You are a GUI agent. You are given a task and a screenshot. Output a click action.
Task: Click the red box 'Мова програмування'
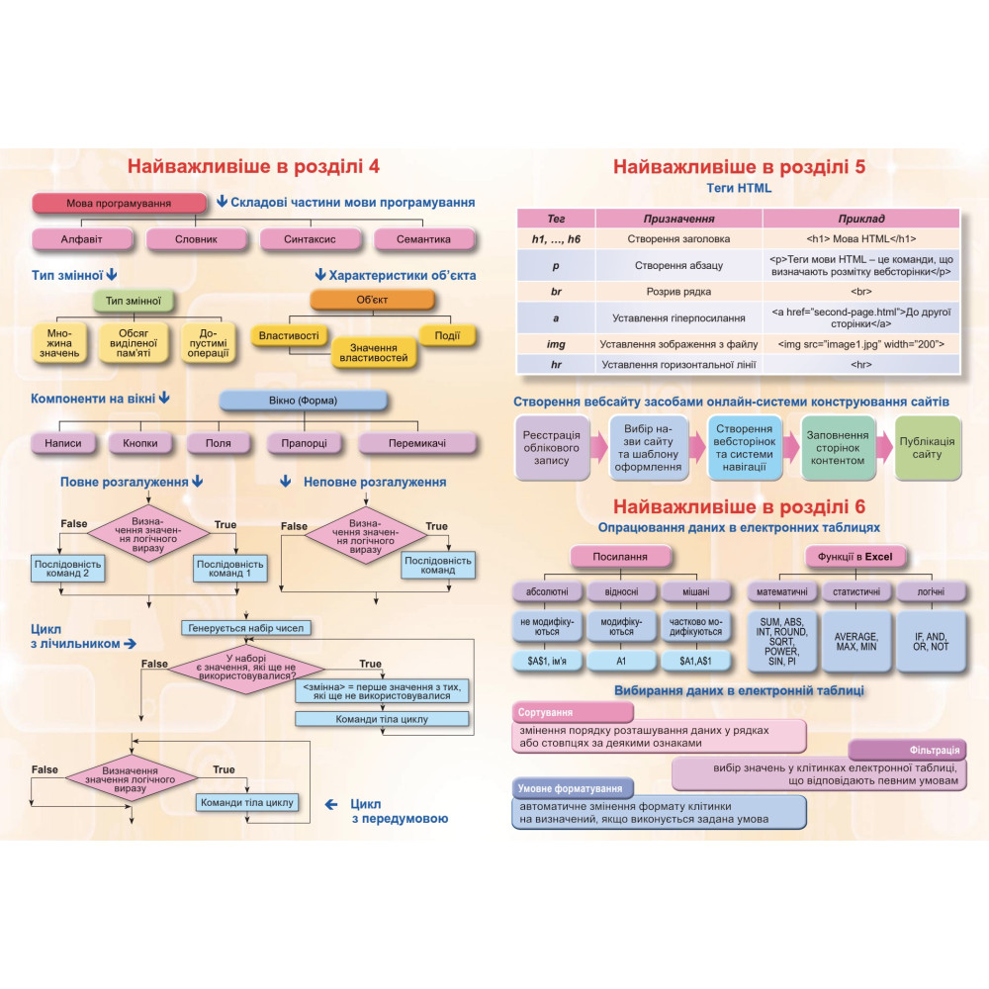click(120, 203)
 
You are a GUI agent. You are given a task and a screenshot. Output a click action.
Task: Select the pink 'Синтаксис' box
click(310, 239)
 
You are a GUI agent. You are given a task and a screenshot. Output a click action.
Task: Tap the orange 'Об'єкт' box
click(372, 300)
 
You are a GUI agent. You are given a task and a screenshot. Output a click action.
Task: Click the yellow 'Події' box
click(447, 335)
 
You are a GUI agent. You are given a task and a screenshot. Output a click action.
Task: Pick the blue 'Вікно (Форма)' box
click(303, 401)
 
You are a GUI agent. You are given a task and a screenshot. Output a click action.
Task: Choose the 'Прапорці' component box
click(304, 443)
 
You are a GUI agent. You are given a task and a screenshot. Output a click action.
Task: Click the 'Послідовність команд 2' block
click(67, 569)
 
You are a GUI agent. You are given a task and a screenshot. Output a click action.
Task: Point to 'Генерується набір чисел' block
click(246, 628)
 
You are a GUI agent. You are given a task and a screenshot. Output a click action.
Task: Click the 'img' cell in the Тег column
click(556, 344)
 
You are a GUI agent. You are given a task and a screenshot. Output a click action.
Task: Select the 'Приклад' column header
click(861, 219)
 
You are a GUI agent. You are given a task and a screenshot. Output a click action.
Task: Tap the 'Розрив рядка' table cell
click(678, 292)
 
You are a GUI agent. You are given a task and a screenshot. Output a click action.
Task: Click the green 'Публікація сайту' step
click(928, 448)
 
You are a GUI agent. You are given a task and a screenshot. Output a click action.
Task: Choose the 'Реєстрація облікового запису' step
click(552, 448)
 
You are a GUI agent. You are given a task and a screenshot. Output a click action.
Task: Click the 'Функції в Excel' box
click(855, 556)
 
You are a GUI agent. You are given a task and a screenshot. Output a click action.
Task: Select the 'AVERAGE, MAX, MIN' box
click(855, 642)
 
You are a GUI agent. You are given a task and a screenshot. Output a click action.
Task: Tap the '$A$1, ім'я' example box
click(547, 661)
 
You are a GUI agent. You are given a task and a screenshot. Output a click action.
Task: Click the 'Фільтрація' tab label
click(908, 750)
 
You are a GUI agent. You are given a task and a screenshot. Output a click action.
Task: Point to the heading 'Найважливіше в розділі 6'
click(739, 506)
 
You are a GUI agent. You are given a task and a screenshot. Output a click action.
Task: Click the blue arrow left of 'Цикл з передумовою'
click(331, 804)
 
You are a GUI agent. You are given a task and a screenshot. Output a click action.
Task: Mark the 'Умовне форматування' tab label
click(572, 788)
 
